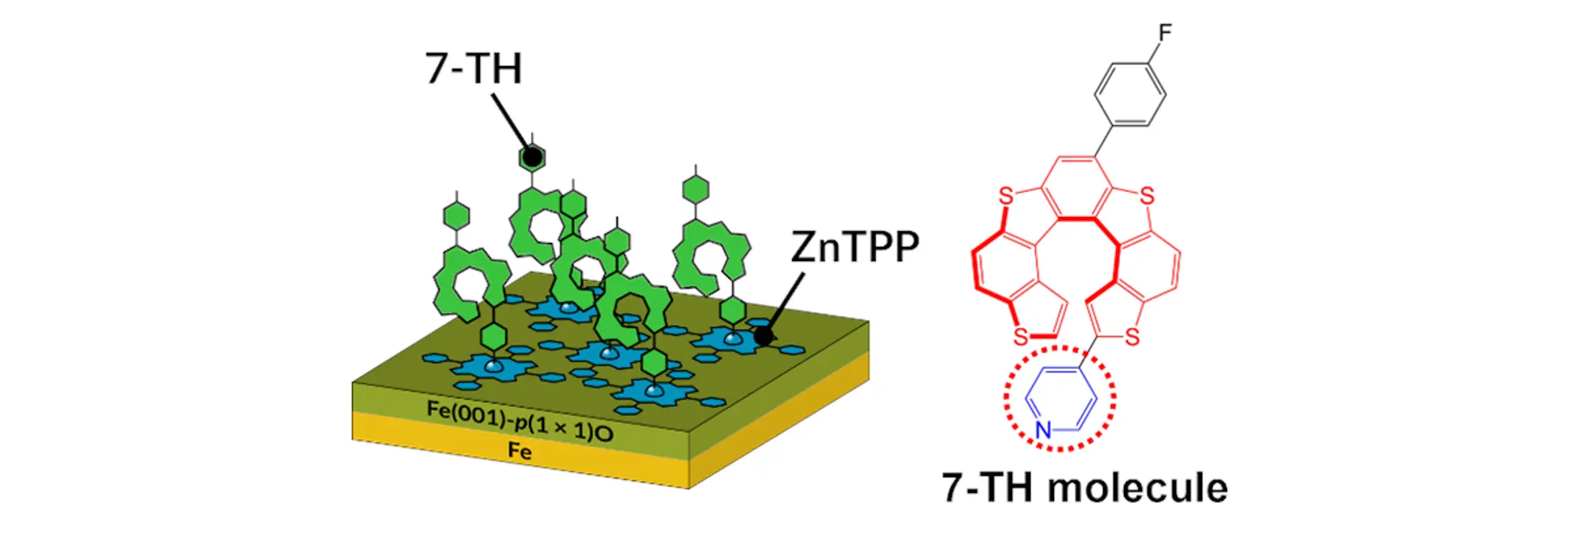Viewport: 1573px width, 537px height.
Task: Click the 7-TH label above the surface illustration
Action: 473,68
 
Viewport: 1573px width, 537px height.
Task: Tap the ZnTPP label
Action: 854,247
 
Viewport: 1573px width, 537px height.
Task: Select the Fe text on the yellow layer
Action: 519,451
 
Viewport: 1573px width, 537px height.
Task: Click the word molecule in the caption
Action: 1138,487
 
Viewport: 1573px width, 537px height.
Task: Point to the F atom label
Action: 1165,32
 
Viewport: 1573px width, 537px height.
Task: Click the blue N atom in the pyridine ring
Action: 1043,429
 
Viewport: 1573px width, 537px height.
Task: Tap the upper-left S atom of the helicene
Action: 1005,196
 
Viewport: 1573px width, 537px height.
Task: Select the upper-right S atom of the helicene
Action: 1147,196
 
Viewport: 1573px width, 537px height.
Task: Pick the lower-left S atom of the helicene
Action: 1021,337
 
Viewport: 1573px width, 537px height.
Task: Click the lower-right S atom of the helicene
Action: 1132,337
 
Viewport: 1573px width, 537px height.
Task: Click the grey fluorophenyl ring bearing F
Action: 1129,94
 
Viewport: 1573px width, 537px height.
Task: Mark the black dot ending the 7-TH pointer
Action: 532,157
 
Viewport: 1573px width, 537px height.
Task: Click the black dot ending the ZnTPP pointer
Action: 763,337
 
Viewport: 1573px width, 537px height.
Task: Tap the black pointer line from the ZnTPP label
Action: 786,303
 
